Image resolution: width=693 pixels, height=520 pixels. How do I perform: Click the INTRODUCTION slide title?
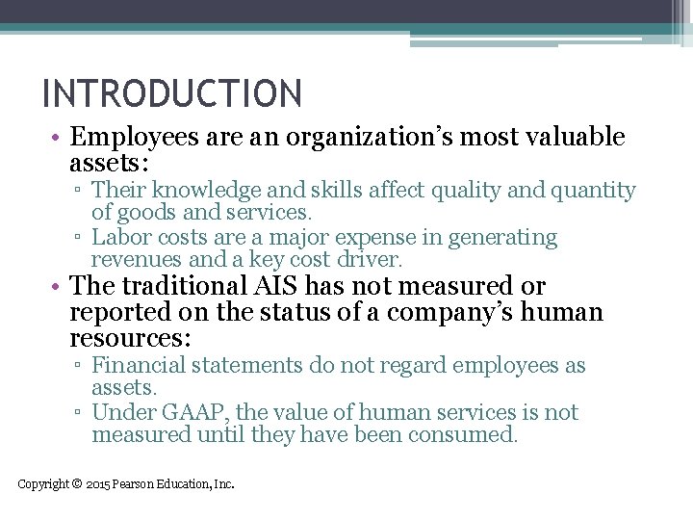172,94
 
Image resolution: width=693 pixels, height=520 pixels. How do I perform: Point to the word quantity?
589,191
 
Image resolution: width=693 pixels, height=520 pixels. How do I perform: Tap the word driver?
370,259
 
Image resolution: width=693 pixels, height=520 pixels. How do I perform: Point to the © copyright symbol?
77,484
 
